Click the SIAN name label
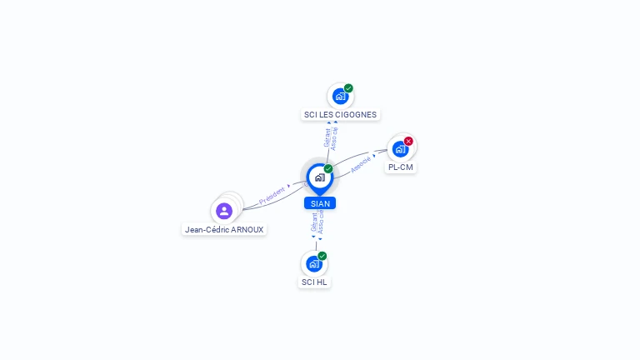coord(320,203)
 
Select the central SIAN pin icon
coord(320,177)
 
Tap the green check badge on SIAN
coord(328,169)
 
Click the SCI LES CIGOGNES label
coord(340,115)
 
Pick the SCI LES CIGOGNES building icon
coord(340,97)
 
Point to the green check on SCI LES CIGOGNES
coord(348,88)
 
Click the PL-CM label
coord(401,167)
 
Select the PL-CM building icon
coord(400,149)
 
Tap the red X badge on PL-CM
coord(408,141)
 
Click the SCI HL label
coord(314,282)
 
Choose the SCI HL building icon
coord(314,264)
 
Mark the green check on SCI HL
coord(322,256)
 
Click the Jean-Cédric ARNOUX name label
coord(224,229)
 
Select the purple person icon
coord(224,211)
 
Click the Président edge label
coord(272,197)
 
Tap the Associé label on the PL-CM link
coord(361,165)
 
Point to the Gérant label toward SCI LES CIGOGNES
coord(327,137)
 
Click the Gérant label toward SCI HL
coord(314,222)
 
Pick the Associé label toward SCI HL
coord(322,222)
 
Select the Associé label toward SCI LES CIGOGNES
coord(334,137)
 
